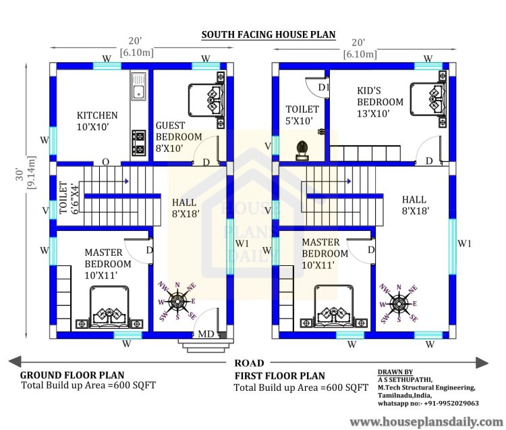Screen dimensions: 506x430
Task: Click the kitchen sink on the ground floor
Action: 139,86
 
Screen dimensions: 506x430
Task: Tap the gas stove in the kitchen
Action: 139,142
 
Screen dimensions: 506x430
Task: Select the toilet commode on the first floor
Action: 302,150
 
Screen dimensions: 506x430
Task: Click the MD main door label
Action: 206,333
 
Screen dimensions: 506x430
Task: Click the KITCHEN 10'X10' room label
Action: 97,121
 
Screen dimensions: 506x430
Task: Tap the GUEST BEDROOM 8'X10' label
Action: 179,136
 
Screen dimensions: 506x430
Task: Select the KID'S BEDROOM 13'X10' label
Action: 380,102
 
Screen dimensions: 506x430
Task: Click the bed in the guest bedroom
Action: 206,100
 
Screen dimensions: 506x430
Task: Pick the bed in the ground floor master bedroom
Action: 109,306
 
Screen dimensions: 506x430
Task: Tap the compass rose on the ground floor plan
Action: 177,302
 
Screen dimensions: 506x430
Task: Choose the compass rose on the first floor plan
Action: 399,304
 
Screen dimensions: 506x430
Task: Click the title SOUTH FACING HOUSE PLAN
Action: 269,34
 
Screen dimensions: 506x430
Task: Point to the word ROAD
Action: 249,363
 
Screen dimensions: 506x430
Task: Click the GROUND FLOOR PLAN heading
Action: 72,375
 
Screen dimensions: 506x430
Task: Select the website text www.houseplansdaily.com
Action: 426,422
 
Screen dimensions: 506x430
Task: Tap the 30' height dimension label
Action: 20,174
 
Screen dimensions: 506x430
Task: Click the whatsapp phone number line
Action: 428,403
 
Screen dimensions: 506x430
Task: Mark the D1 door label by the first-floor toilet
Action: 323,87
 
